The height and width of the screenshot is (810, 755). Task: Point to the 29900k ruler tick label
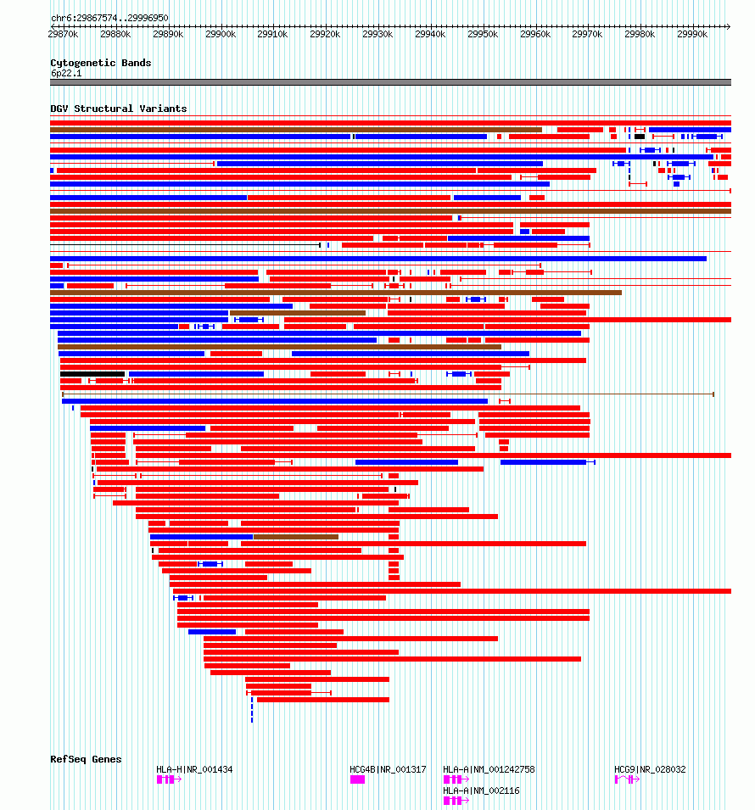point(221,34)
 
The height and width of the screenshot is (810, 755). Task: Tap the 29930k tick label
point(377,34)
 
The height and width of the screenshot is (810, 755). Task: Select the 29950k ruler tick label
point(483,34)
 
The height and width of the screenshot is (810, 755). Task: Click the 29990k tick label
point(692,34)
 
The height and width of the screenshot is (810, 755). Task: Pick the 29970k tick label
point(587,34)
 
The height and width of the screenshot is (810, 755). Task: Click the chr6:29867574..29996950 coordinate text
point(109,18)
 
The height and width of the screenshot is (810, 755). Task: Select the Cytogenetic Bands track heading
point(101,63)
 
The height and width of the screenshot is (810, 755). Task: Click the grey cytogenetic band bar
point(390,82)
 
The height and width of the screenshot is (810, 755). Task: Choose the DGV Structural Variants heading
point(119,109)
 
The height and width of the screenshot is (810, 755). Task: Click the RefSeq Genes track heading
point(86,759)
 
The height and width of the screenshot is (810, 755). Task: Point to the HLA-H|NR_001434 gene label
point(194,769)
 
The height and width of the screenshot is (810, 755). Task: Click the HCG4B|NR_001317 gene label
point(388,769)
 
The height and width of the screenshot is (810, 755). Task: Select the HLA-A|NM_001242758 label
point(489,769)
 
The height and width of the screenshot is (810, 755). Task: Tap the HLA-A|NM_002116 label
point(481,790)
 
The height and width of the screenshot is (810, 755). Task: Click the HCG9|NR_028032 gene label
point(650,769)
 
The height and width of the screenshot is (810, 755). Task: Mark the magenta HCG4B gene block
point(357,779)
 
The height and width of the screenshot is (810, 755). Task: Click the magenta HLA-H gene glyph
point(167,779)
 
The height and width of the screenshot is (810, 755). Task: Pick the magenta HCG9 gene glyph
point(626,779)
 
